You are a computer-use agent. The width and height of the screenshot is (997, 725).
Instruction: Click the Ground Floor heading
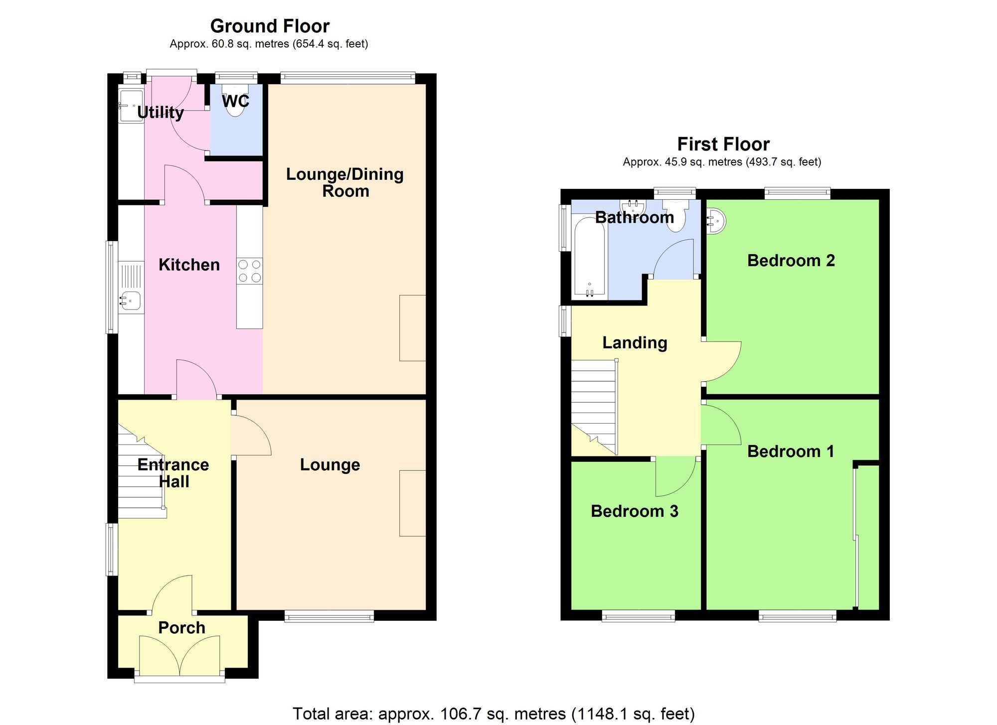pyautogui.click(x=270, y=26)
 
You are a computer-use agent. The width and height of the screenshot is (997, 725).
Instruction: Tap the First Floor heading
pyautogui.click(x=723, y=144)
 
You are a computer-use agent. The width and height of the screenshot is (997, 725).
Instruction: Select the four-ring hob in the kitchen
pyautogui.click(x=250, y=271)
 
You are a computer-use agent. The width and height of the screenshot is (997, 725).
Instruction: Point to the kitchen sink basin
pyautogui.click(x=131, y=301)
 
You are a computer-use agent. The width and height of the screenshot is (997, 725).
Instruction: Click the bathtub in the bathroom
pyautogui.click(x=589, y=259)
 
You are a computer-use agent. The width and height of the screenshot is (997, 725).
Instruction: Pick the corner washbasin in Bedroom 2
pyautogui.click(x=716, y=220)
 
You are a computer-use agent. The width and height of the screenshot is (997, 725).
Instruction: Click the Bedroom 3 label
pyautogui.click(x=634, y=511)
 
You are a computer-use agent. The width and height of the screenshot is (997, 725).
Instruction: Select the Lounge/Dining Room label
pyautogui.click(x=345, y=182)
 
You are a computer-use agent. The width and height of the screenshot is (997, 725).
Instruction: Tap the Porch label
pyautogui.click(x=181, y=627)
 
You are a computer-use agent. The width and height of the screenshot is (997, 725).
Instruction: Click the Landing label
pyautogui.click(x=634, y=342)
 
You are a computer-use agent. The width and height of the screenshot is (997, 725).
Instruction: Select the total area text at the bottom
pyautogui.click(x=493, y=714)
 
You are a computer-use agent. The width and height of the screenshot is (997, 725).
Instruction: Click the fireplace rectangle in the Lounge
pyautogui.click(x=412, y=503)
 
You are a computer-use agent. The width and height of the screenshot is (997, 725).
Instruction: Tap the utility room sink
pyautogui.click(x=131, y=106)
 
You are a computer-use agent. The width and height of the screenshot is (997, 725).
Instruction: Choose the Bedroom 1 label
pyautogui.click(x=791, y=451)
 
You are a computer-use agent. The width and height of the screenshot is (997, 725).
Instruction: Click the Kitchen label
pyautogui.click(x=189, y=265)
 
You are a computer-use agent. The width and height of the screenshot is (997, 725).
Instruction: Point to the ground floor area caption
pyautogui.click(x=269, y=44)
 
